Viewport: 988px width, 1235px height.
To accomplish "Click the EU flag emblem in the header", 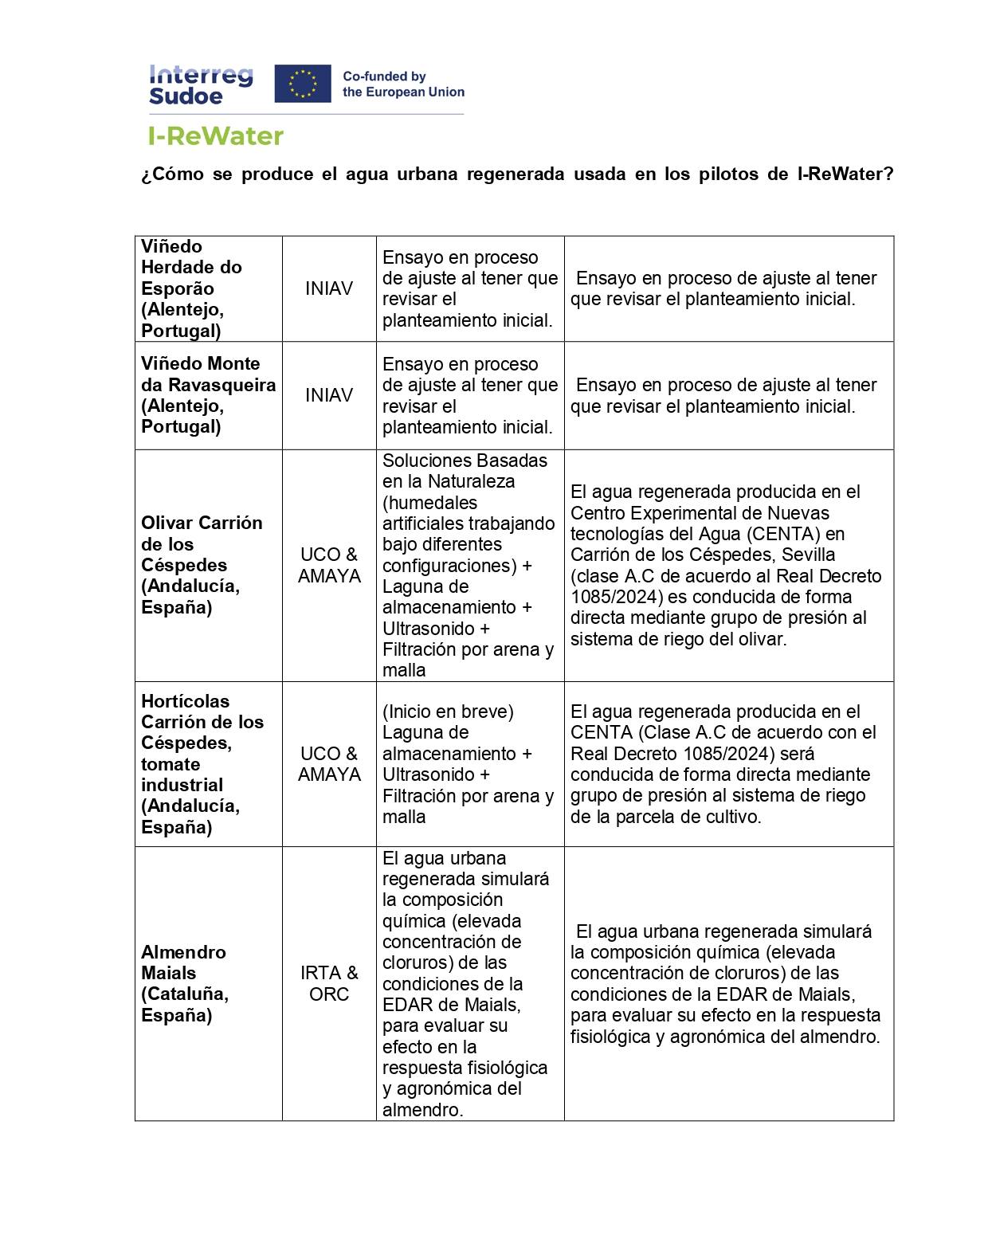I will click(302, 84).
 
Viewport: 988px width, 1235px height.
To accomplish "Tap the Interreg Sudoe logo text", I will click(201, 85).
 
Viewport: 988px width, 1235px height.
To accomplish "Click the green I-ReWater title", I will click(216, 136).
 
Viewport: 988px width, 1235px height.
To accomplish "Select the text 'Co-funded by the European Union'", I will click(403, 84).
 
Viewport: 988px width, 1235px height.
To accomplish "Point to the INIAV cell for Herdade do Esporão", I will click(328, 288).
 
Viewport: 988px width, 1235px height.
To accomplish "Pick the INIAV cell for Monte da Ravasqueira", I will click(328, 395).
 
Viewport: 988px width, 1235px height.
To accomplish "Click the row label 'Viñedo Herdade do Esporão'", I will click(191, 288).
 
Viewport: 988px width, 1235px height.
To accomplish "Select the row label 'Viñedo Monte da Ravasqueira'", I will click(208, 395).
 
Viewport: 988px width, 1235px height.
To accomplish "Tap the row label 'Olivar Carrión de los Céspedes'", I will click(202, 565).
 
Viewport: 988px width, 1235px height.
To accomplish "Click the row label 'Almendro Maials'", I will click(184, 983).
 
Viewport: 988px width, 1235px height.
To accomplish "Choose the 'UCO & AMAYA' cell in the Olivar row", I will click(328, 565).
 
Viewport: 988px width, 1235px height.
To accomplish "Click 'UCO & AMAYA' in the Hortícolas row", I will click(328, 763).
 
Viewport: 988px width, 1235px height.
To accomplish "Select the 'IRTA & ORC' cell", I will click(328, 983).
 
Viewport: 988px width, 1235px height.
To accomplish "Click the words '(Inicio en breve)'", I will click(448, 712).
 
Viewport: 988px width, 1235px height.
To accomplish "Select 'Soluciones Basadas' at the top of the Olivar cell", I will click(465, 461).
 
